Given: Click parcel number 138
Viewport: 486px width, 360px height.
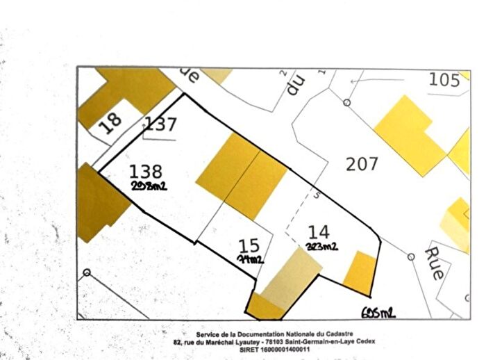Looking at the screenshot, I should click(x=146, y=172).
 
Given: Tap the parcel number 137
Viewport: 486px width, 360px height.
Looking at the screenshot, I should click(x=160, y=125).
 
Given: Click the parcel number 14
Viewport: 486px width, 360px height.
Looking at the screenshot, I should click(x=319, y=232).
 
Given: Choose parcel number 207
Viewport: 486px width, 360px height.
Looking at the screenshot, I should click(x=362, y=164).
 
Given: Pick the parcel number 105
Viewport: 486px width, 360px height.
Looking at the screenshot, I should click(x=444, y=80).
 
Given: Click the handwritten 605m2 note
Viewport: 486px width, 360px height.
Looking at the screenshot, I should click(x=378, y=313).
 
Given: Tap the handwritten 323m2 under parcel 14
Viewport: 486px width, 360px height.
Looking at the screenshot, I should click(x=321, y=246).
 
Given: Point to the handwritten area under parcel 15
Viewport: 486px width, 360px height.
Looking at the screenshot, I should click(x=250, y=259).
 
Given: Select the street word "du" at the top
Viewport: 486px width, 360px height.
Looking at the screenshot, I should click(x=296, y=84).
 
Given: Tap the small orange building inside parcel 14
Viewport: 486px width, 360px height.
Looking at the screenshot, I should click(x=360, y=272).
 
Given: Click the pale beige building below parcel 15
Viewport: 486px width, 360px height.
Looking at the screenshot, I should click(x=290, y=277).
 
